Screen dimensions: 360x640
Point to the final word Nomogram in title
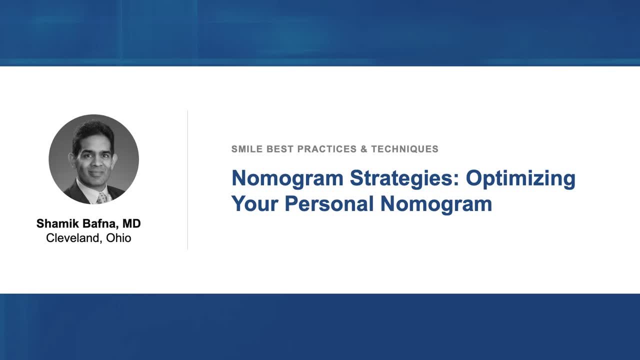[436, 204]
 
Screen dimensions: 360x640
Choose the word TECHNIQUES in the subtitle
[404, 149]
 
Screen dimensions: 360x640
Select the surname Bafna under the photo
[99, 223]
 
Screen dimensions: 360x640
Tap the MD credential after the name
[131, 223]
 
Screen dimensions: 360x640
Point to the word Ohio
[118, 238]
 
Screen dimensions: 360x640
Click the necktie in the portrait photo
[102, 197]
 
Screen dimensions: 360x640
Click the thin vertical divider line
[187, 180]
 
